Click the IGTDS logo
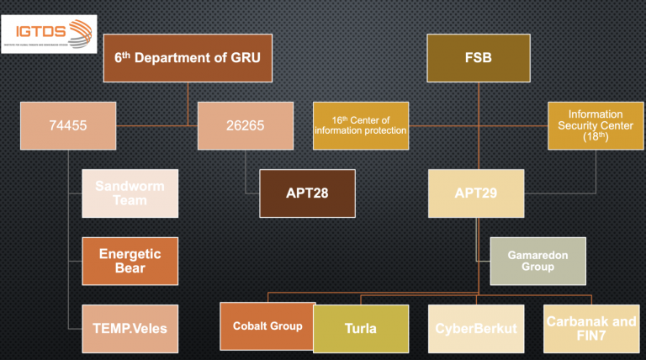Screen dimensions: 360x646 point(49,34)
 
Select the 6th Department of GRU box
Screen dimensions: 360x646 point(187,58)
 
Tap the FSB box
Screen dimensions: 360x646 point(478,58)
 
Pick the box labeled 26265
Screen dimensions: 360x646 point(245,125)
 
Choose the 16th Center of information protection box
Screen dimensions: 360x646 point(361,125)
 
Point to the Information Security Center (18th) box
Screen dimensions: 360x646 point(595,125)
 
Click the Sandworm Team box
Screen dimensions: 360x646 point(130,193)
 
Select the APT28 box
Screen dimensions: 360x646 point(307,193)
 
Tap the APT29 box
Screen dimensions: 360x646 point(476,193)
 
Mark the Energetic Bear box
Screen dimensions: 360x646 point(130,261)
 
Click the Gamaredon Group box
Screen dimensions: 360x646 point(537,261)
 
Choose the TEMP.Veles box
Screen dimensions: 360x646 point(130,328)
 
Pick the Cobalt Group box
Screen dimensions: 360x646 point(267,326)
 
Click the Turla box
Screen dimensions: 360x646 point(360,328)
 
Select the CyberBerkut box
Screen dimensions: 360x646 point(477,328)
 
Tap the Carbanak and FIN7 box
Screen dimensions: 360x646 point(591,328)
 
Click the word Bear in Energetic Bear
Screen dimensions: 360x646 point(130,268)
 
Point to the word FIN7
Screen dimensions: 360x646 point(591,336)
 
